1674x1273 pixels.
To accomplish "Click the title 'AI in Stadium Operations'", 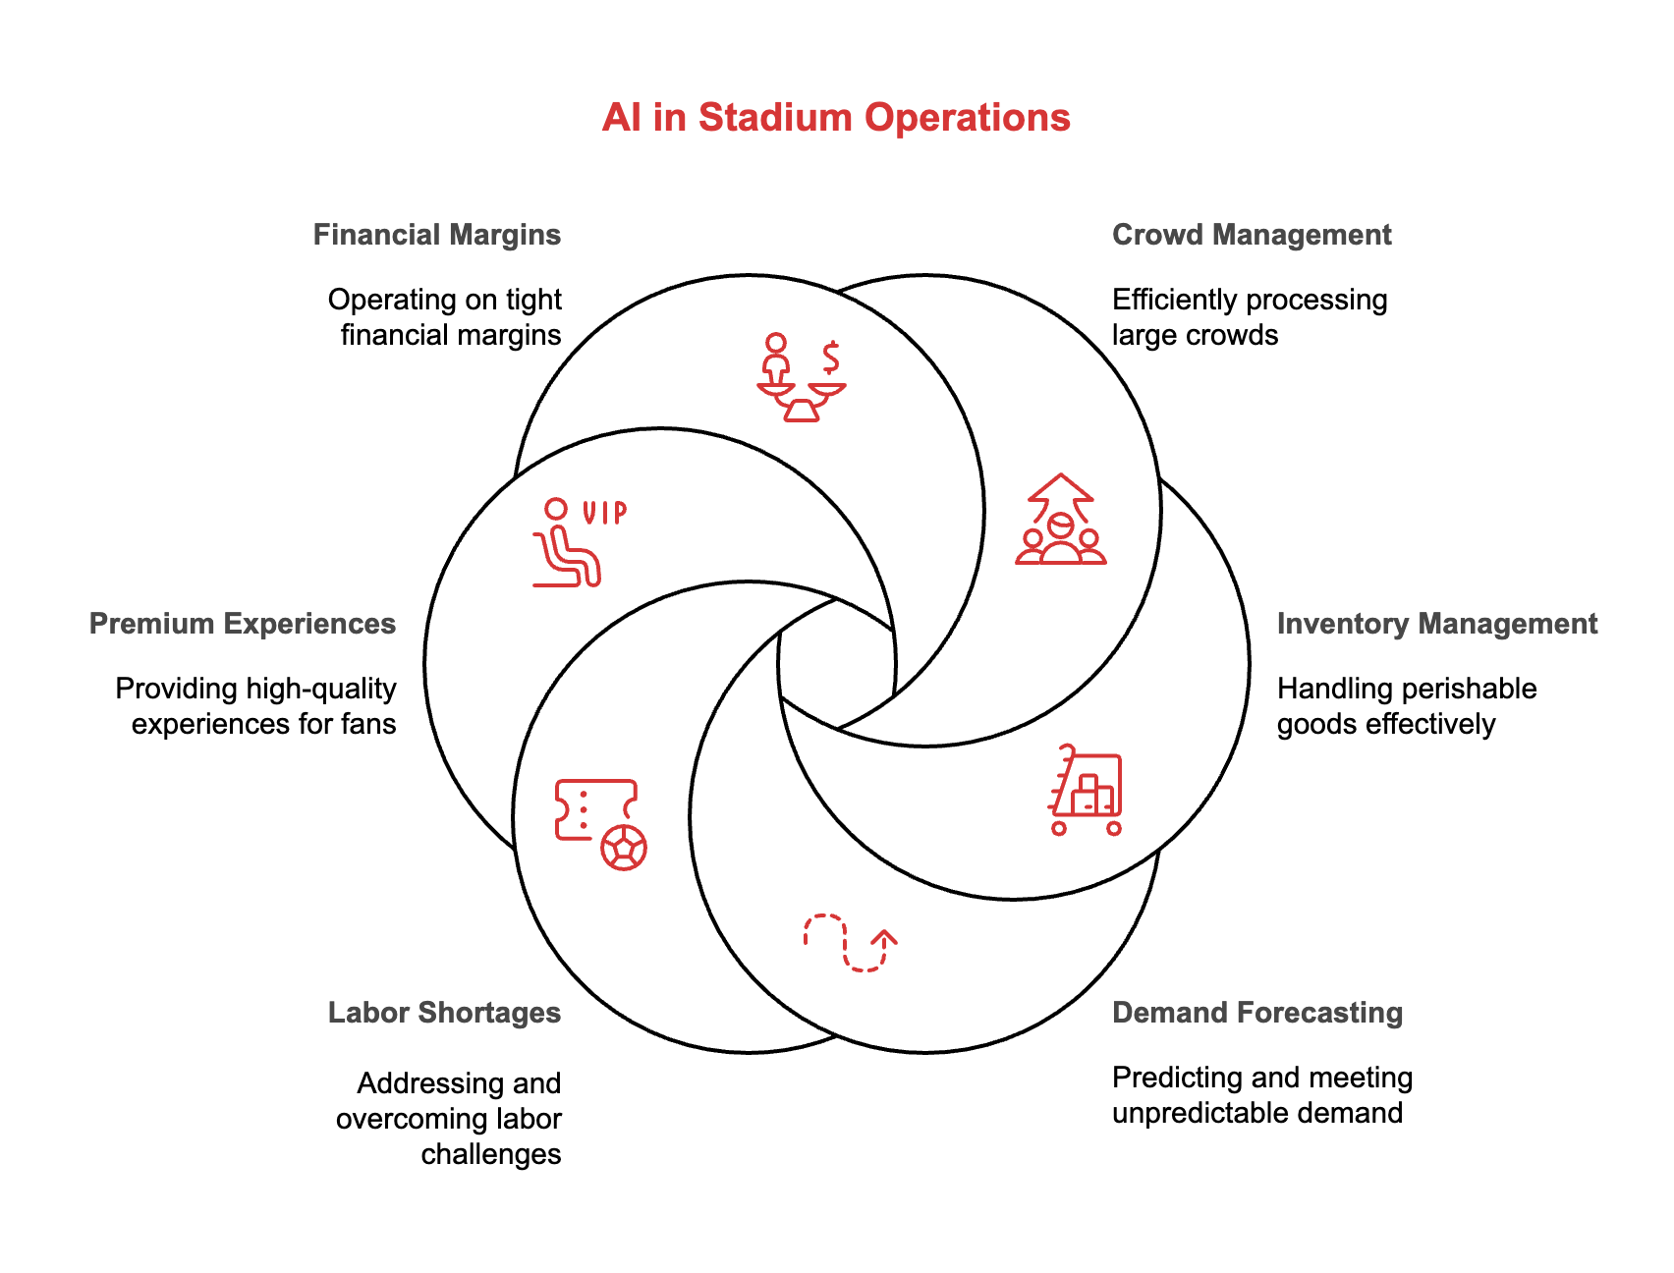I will tap(836, 118).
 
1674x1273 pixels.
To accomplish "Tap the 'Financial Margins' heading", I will tap(437, 235).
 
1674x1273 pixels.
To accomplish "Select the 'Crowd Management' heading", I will tap(1252, 235).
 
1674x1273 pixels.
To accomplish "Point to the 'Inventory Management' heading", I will tap(1437, 624).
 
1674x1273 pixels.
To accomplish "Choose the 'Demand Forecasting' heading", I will tap(1257, 1013).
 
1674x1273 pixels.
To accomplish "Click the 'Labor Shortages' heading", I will tap(445, 1013).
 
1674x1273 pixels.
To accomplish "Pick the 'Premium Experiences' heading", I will tap(243, 624).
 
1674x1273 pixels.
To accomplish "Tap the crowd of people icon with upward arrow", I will tap(1061, 520).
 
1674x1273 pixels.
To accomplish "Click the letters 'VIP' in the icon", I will tap(604, 512).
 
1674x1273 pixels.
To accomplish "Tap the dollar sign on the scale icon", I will tap(832, 358).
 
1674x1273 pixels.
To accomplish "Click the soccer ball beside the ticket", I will tap(624, 847).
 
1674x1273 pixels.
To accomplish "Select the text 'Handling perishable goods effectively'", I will tap(1407, 706).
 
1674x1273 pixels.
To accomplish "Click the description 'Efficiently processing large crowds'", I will tap(1250, 317).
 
